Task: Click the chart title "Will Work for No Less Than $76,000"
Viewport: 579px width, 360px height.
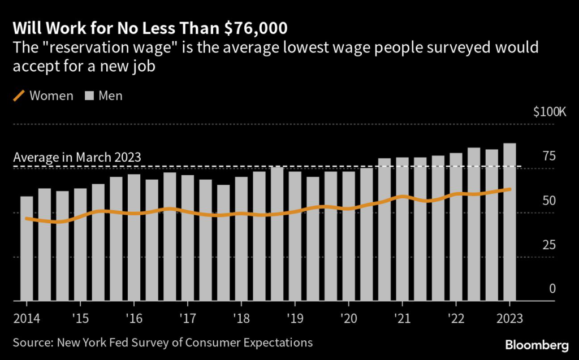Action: click(150, 27)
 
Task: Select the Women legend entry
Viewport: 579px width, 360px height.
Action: click(44, 96)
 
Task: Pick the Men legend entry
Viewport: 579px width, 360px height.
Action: click(104, 96)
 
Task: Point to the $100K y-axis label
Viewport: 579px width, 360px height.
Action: click(549, 111)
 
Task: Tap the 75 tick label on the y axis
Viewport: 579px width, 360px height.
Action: click(548, 157)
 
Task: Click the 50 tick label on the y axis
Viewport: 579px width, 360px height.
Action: click(548, 201)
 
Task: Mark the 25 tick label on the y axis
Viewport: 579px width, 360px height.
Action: click(548, 245)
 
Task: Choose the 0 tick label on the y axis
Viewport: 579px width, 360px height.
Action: click(552, 289)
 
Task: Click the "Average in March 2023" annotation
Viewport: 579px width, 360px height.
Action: click(77, 158)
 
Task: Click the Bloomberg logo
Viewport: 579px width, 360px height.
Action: click(537, 344)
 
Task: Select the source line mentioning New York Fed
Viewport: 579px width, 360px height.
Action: click(163, 342)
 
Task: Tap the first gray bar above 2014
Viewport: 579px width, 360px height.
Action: click(27, 249)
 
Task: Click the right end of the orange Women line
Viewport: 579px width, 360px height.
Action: click(510, 189)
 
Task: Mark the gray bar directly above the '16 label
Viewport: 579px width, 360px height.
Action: click(134, 237)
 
